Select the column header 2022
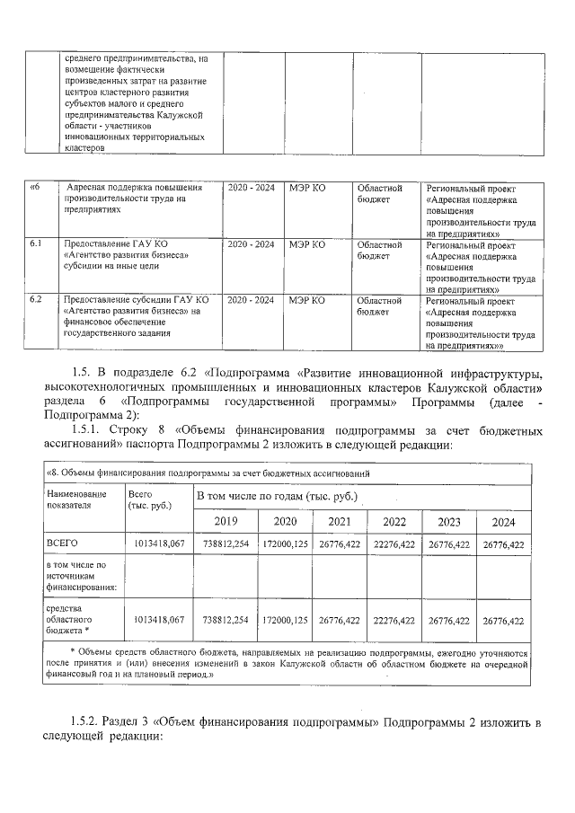(394, 522)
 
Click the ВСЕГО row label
(62, 544)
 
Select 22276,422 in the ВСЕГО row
(394, 544)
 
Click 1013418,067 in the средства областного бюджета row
(158, 620)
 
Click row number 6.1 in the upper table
(36, 243)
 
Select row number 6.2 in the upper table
(36, 298)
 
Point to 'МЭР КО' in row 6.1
(306, 243)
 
